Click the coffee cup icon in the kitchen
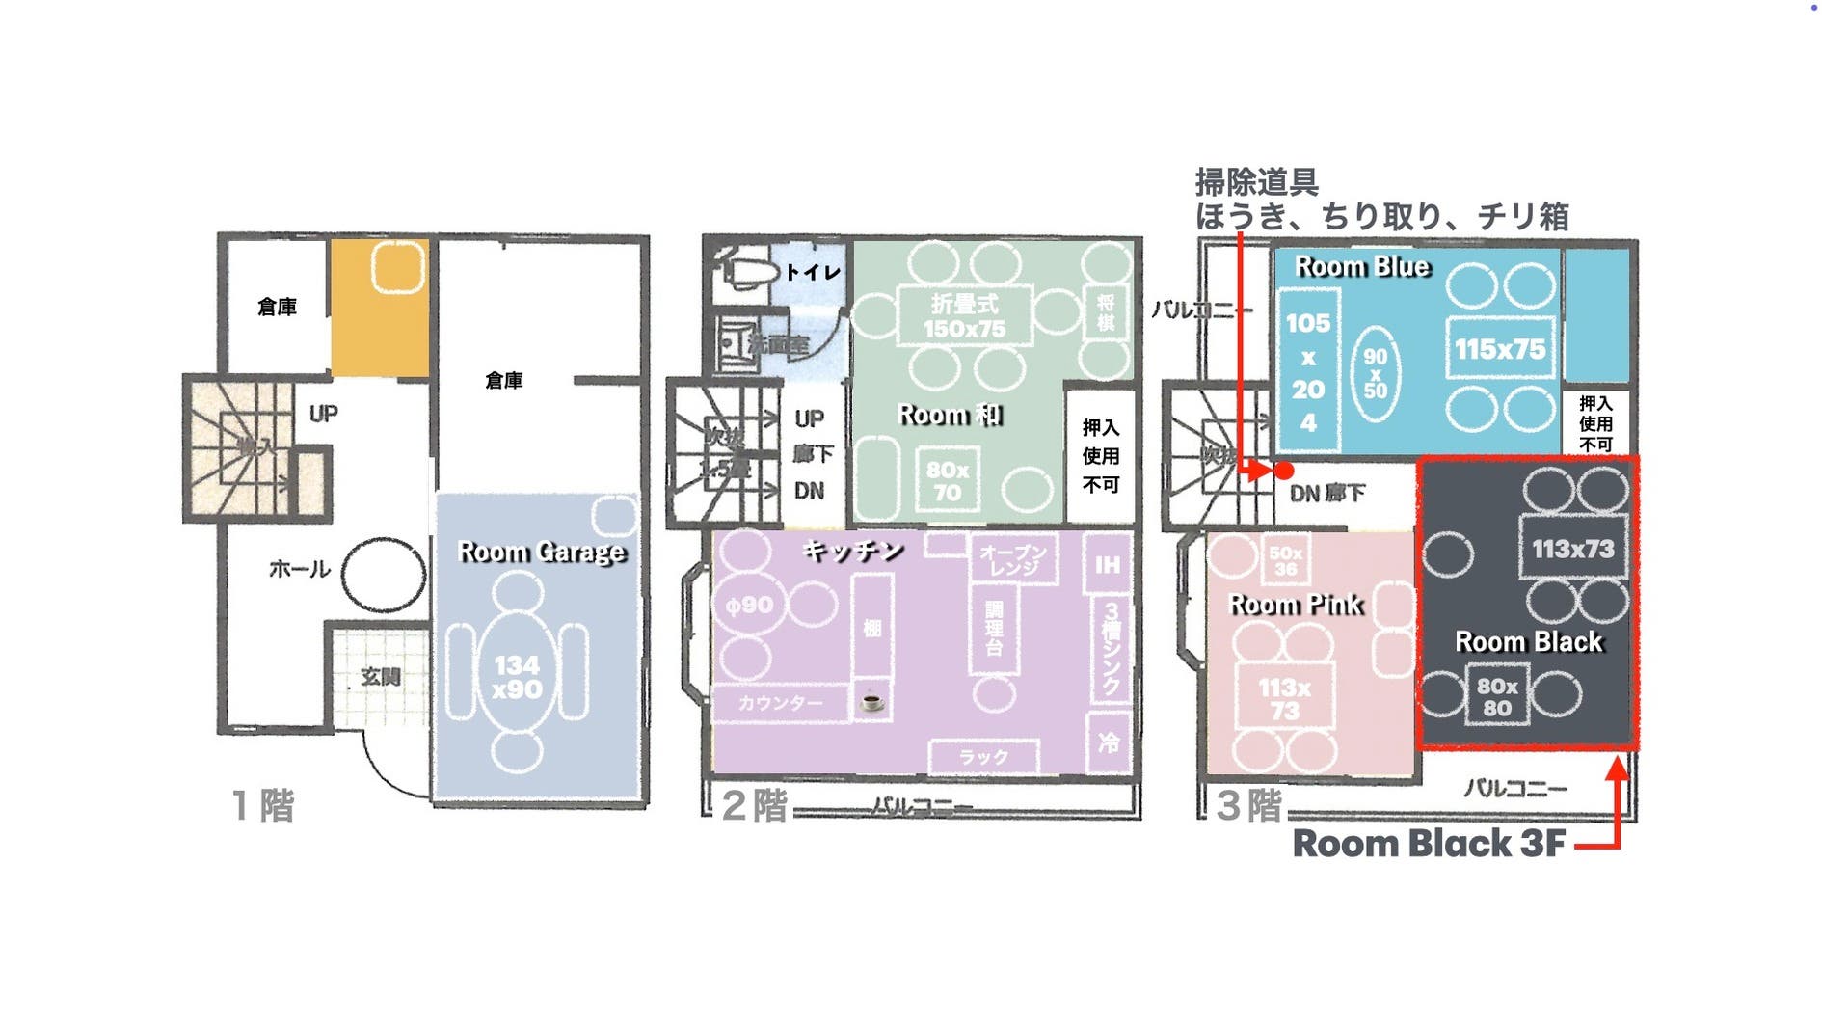[871, 701]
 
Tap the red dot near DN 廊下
[1284, 471]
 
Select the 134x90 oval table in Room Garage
[518, 676]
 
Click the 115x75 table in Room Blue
[1499, 349]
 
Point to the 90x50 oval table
[1375, 373]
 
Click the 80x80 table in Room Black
[1496, 696]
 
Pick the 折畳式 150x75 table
[964, 316]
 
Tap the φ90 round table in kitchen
[750, 606]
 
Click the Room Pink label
[1295, 605]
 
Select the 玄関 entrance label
[380, 677]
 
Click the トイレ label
[812, 273]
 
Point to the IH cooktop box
[1108, 564]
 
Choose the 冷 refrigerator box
[1109, 742]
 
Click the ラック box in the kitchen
[983, 757]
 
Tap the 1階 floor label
[263, 805]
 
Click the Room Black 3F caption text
[1429, 844]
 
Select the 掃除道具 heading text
[1256, 181]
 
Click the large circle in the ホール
[383, 575]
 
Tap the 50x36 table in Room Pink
[1285, 560]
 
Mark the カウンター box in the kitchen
[781, 703]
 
